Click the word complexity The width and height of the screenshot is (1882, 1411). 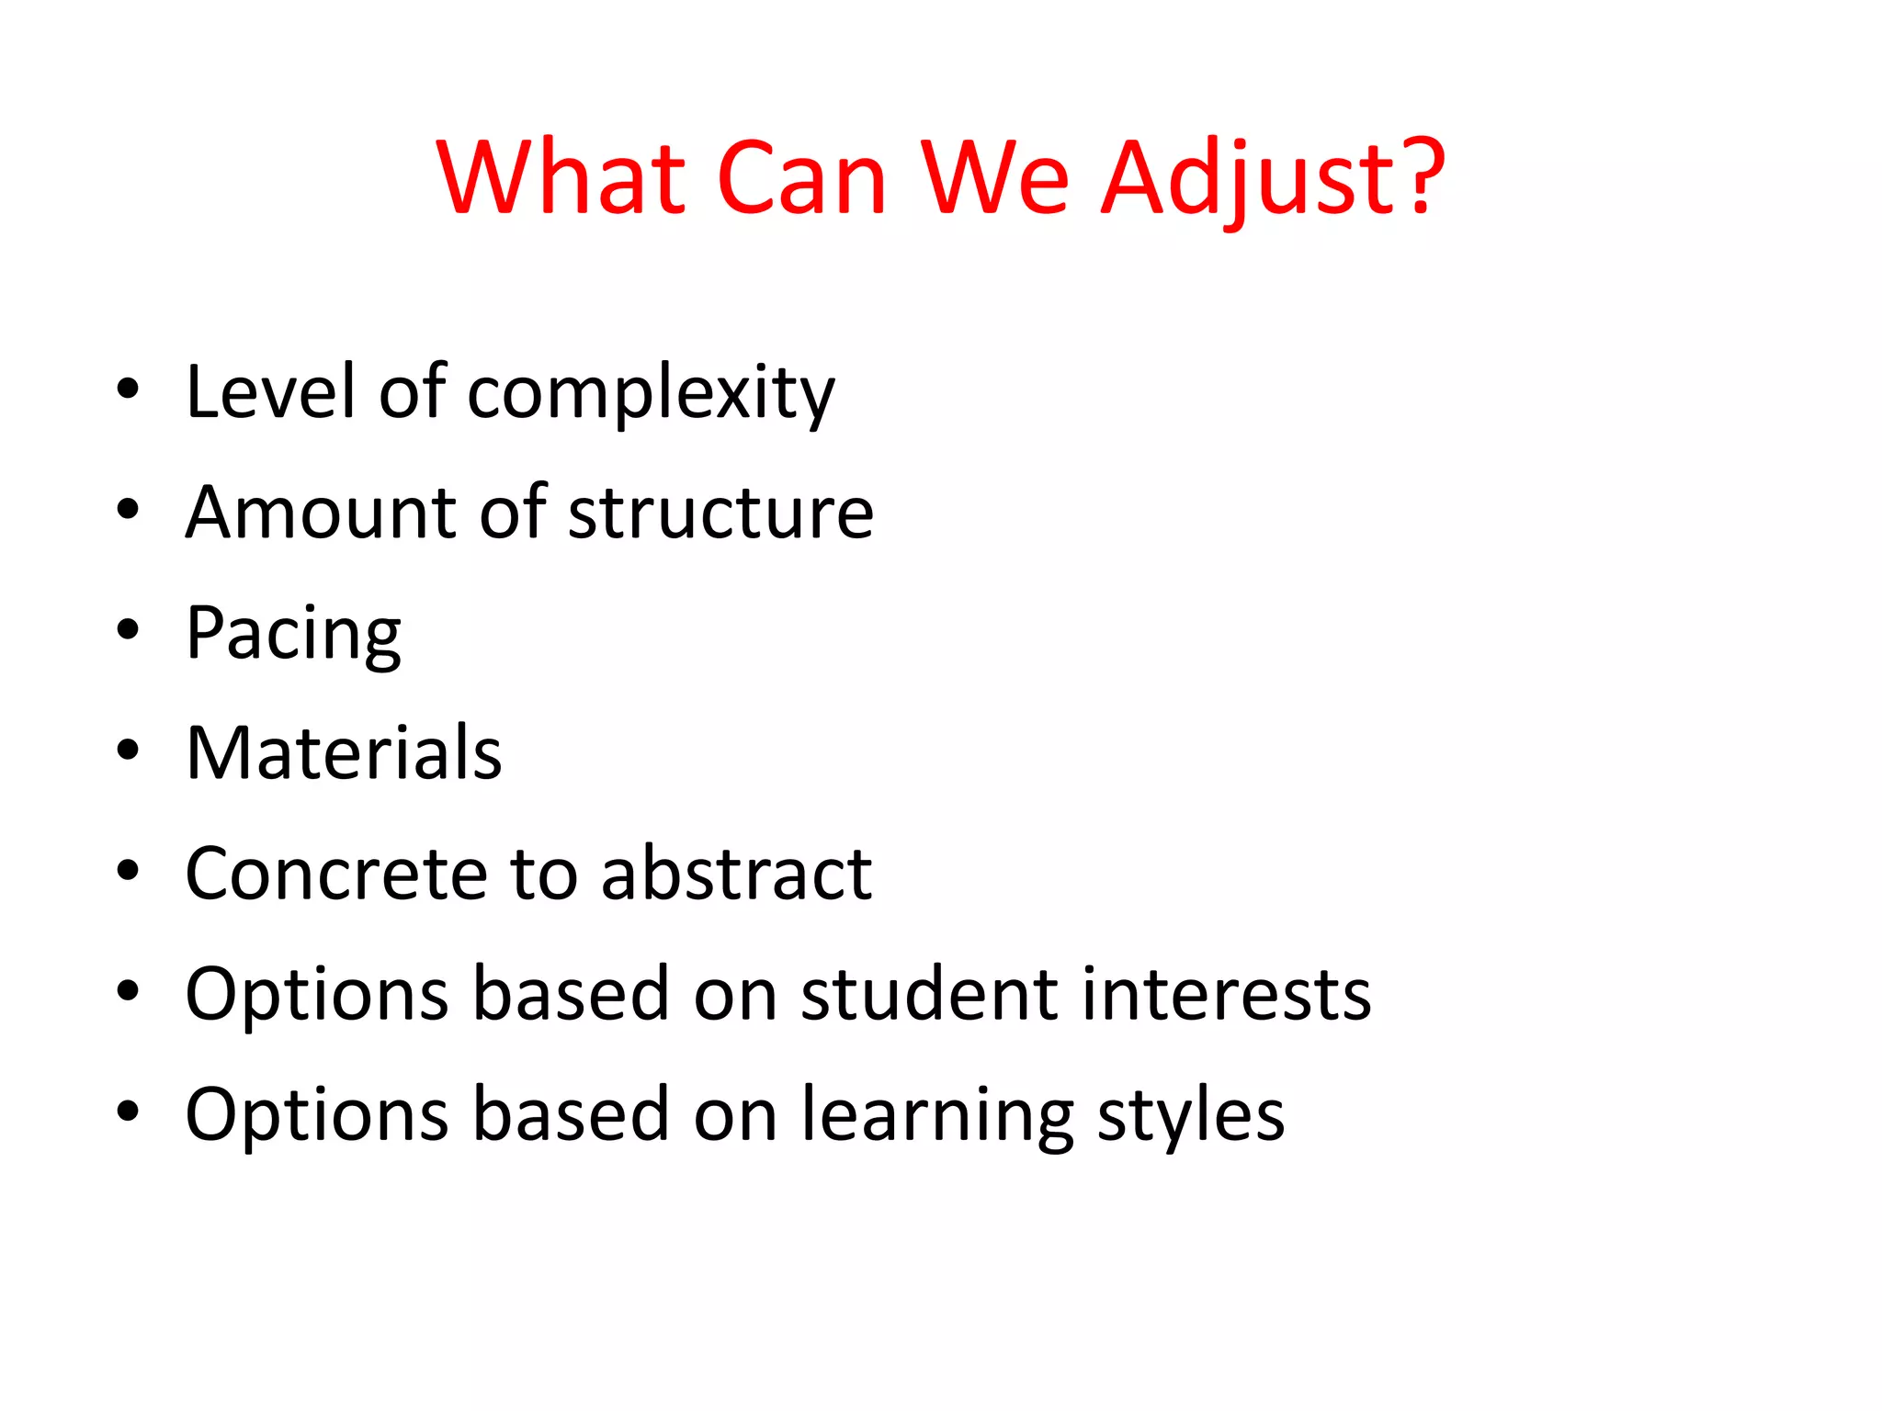coord(651,393)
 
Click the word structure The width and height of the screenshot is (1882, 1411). coord(720,512)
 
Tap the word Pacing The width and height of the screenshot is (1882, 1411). coord(293,634)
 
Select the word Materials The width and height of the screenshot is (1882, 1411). coord(344,752)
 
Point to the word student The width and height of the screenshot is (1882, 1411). coord(928,993)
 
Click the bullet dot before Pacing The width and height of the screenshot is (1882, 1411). coord(128,630)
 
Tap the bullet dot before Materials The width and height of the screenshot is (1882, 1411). coord(128,751)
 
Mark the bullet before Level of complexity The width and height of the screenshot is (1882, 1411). coord(128,389)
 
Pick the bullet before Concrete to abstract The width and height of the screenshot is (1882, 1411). coord(128,871)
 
